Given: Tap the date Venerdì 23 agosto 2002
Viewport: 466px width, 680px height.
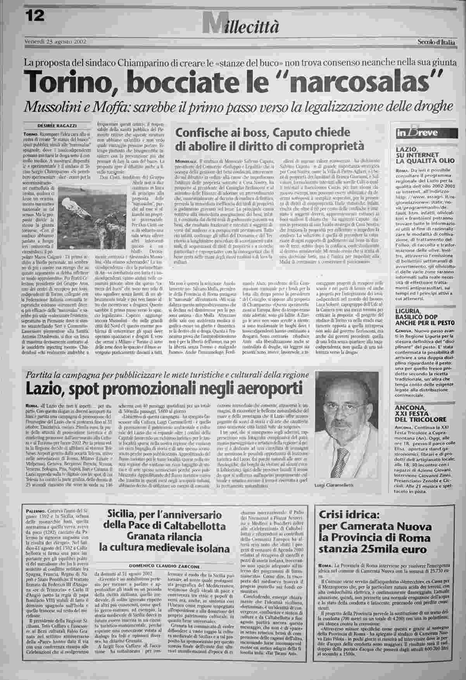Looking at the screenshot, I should click(x=55, y=41).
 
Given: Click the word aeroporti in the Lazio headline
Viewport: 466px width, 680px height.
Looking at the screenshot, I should click(x=260, y=387).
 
